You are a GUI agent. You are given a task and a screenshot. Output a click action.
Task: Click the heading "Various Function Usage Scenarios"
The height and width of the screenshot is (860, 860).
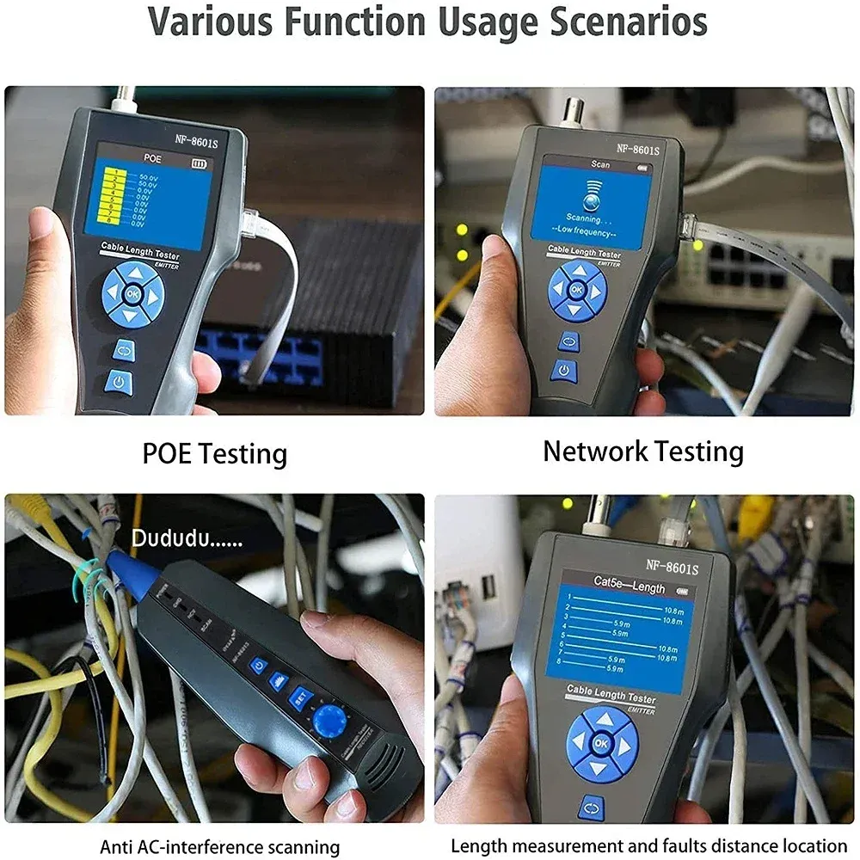[x=427, y=22]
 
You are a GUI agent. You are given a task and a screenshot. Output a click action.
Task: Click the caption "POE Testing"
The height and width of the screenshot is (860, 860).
[x=214, y=453]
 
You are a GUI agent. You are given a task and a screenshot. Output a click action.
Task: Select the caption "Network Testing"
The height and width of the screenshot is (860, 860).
[x=642, y=451]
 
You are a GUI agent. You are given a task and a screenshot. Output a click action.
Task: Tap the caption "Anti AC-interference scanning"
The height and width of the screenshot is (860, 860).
[x=220, y=846]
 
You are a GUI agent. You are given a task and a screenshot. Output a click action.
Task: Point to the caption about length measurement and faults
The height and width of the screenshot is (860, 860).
[x=649, y=845]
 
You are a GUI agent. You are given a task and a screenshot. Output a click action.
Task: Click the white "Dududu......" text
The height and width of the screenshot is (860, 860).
[x=187, y=540]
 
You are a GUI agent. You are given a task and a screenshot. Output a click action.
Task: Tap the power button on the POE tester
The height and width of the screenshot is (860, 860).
[x=119, y=381]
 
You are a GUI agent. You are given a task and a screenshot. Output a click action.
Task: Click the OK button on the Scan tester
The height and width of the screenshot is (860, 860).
[x=576, y=291]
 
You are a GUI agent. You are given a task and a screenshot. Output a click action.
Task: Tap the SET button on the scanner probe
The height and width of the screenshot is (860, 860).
[x=299, y=694]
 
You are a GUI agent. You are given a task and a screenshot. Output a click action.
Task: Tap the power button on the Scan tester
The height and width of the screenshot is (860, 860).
[x=563, y=370]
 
